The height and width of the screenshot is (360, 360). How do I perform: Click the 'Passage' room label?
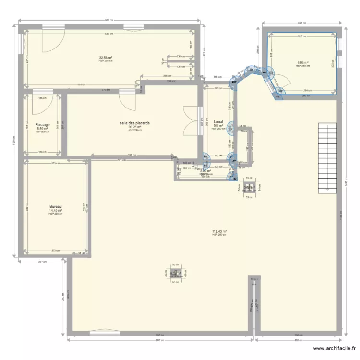click(42, 125)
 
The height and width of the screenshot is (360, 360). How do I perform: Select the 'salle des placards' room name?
click(135, 123)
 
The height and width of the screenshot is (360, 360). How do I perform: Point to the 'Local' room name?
click(218, 122)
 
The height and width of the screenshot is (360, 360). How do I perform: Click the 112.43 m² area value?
click(219, 231)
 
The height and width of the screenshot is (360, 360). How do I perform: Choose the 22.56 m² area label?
click(106, 58)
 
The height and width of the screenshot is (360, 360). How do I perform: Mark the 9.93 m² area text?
click(302, 62)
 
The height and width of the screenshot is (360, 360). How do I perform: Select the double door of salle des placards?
click(192, 118)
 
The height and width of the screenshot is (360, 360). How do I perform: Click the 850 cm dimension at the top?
click(109, 20)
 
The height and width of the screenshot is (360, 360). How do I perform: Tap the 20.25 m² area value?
click(134, 127)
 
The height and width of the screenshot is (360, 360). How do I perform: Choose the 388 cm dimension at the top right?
click(301, 23)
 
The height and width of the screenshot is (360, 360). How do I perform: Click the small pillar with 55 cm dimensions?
click(175, 274)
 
